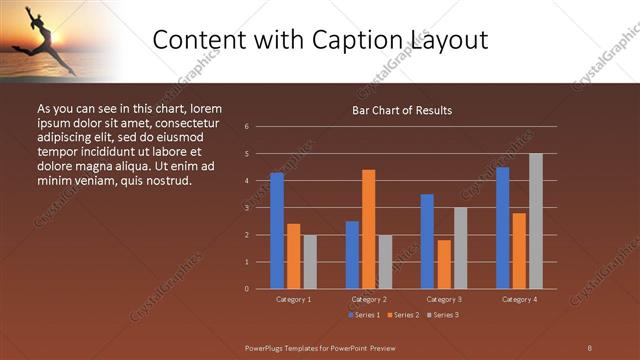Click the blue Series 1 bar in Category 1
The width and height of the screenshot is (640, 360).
(x=277, y=231)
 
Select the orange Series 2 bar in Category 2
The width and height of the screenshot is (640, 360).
(x=368, y=229)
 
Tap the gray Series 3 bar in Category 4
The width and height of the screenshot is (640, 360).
(x=536, y=221)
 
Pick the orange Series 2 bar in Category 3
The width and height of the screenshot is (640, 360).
(x=443, y=264)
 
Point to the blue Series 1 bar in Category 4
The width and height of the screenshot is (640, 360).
(x=502, y=228)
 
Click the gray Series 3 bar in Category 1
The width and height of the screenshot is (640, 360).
(x=310, y=262)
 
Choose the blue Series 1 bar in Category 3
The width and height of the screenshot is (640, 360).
(x=427, y=241)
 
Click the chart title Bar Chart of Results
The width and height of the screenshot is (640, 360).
(x=402, y=110)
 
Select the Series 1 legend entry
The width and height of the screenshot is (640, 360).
(x=363, y=315)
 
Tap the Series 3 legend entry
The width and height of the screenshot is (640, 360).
(x=442, y=315)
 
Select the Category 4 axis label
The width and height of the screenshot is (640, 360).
(x=518, y=299)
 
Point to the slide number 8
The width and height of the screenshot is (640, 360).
(x=589, y=347)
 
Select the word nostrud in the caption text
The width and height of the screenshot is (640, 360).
(x=166, y=180)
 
